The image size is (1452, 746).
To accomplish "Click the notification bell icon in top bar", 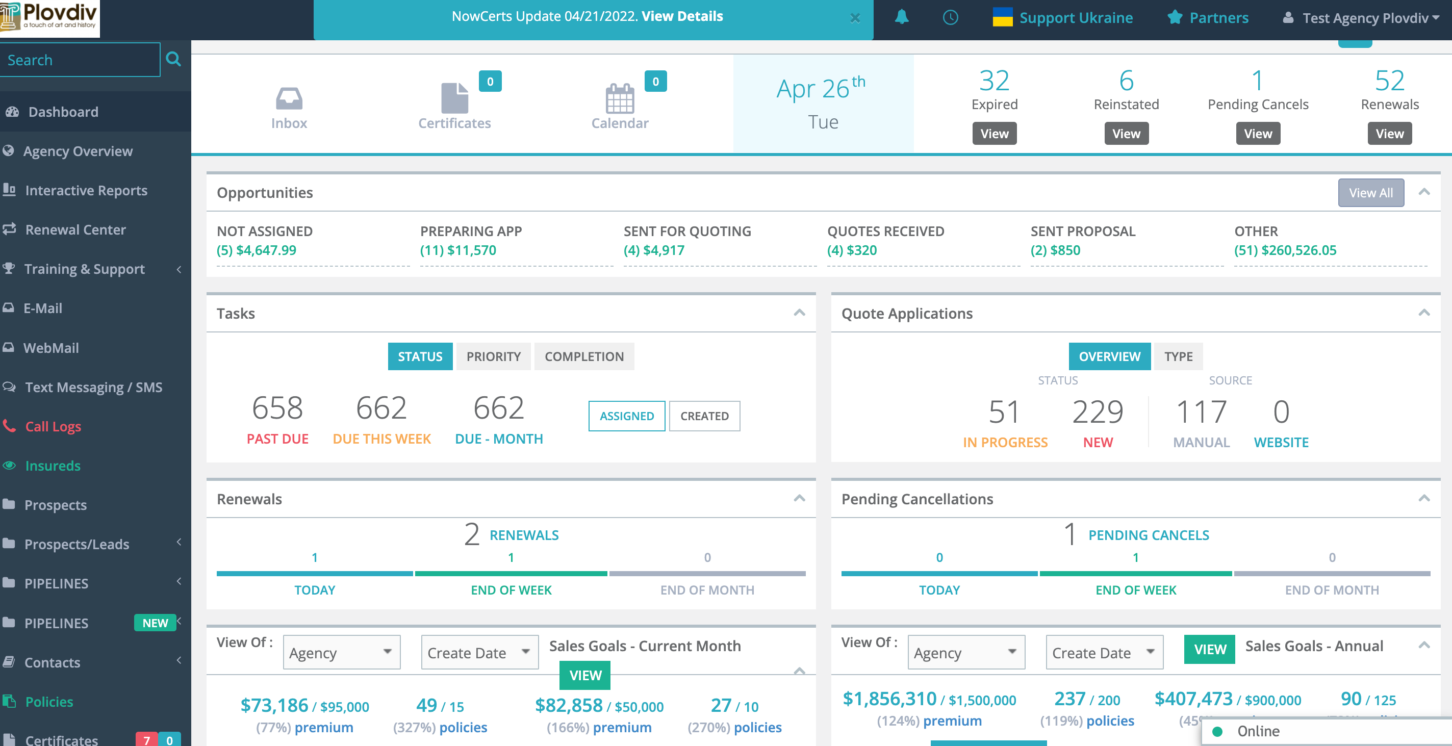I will [901, 17].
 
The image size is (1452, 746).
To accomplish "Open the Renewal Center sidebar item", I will [75, 229].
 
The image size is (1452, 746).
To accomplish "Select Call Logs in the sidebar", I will [53, 426].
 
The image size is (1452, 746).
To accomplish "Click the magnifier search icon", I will [173, 59].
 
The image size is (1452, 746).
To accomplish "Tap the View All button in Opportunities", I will [1370, 193].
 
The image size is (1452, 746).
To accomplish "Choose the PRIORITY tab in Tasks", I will [493, 356].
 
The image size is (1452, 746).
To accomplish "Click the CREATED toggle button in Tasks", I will [704, 416].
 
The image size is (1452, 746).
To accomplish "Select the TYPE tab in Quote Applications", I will [1178, 356].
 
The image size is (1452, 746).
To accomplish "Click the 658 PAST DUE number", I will [277, 408].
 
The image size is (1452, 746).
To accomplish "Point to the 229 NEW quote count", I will [1098, 412].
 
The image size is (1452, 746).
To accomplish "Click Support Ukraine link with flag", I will [1063, 18].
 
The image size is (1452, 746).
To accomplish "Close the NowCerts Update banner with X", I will [854, 18].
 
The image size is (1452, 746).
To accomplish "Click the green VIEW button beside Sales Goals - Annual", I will [1209, 649].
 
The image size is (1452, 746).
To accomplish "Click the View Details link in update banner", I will [682, 16].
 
